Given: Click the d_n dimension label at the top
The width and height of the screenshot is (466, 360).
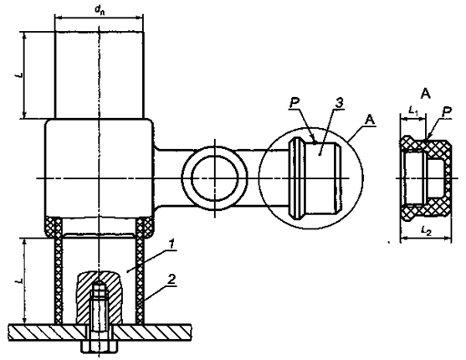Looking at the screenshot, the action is coord(100,9).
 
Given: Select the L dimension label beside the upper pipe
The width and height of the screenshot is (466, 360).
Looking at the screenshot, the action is coord(19,75).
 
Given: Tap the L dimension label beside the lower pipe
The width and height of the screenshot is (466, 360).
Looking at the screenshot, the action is coord(19,280).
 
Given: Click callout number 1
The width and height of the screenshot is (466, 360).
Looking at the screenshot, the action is coord(172,244).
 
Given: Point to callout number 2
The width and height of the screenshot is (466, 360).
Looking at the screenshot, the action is coord(172,280).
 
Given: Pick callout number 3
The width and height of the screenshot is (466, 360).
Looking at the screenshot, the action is coord(339,103).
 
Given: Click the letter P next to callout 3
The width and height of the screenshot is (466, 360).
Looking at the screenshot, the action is coord(294,103).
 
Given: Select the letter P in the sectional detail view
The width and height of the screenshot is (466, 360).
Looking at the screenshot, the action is coord(447,111).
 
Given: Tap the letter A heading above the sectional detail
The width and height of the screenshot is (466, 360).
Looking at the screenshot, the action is coord(426,94).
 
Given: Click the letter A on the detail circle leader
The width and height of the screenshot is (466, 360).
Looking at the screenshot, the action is coord(370,120).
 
